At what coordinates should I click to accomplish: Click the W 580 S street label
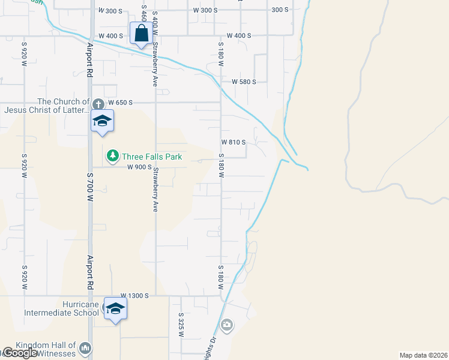pos(244,82)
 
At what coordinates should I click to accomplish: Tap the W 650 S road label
pos(119,103)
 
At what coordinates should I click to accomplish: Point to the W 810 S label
pos(234,142)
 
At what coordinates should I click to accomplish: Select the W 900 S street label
pos(139,167)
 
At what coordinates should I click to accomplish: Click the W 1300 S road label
pos(134,296)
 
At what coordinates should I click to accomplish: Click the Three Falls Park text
pos(152,157)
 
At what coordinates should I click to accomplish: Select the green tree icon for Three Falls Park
pos(112,157)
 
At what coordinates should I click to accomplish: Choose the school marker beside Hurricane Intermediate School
pos(115,308)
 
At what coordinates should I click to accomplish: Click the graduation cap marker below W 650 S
pos(102,121)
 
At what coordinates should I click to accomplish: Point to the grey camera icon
pos(226,326)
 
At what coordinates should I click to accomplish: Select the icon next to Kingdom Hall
pos(85,348)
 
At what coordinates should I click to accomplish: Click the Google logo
pos(19,353)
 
